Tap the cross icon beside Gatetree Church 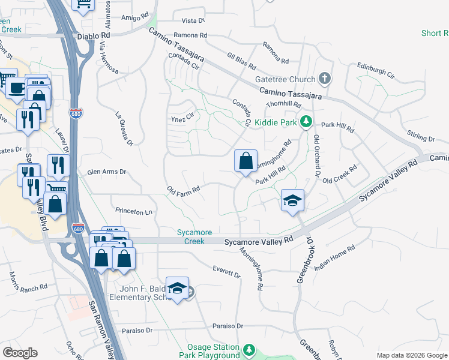(325, 79)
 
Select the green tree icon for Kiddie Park (306, 122)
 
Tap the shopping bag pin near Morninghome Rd (246, 161)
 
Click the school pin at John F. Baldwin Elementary (177, 289)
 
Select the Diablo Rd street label (92, 35)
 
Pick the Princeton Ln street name (135, 212)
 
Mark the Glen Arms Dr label (107, 172)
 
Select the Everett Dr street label (226, 272)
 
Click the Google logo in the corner (20, 353)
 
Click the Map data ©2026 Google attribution (412, 355)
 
